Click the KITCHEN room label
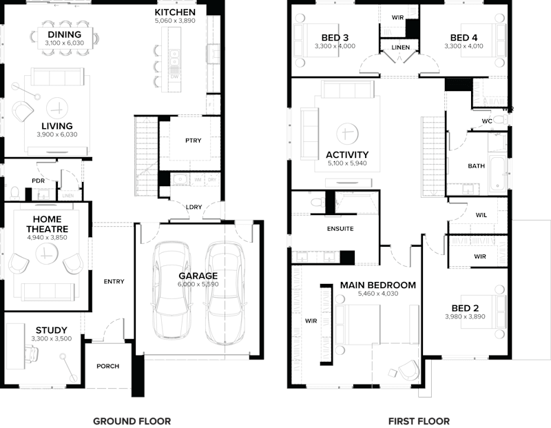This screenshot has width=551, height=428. [x=175, y=12]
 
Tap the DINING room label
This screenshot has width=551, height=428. [x=64, y=34]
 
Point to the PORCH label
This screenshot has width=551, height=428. [x=107, y=366]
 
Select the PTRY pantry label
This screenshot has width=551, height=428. [x=194, y=141]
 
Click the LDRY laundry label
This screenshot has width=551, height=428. [x=194, y=207]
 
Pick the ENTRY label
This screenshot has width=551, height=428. [x=114, y=281]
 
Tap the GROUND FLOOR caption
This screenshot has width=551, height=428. [x=132, y=420]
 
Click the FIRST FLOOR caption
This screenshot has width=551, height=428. [x=419, y=420]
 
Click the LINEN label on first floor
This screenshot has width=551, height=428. [x=401, y=48]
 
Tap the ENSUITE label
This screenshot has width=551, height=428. [x=340, y=230]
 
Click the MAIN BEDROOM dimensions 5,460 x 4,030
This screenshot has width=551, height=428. [x=377, y=294]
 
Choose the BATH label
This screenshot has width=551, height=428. [x=476, y=165]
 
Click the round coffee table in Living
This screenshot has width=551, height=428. [x=58, y=107]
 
